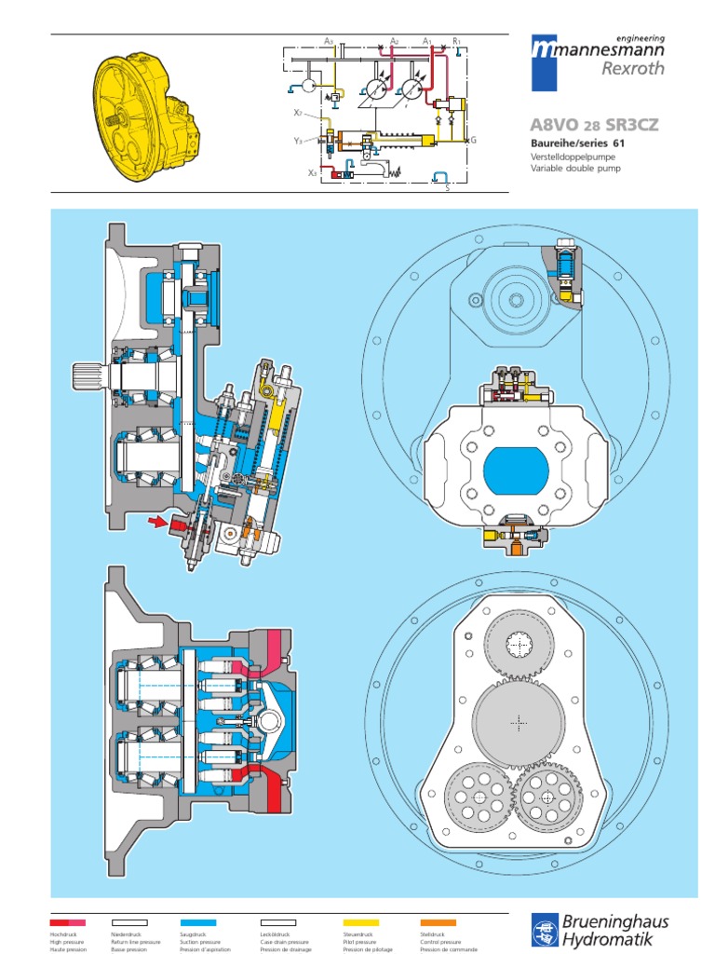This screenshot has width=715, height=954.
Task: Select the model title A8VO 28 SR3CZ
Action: pyautogui.click(x=592, y=125)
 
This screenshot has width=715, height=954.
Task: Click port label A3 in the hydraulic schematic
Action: pyautogui.click(x=329, y=41)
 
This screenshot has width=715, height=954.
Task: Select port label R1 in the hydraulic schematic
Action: pyautogui.click(x=456, y=41)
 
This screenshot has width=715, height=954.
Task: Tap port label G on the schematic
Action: pyautogui.click(x=473, y=139)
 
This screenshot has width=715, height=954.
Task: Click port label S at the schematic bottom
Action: pyautogui.click(x=447, y=187)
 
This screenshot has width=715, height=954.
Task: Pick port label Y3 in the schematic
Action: pyautogui.click(x=298, y=141)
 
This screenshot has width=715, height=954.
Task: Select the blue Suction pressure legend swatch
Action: pyautogui.click(x=196, y=922)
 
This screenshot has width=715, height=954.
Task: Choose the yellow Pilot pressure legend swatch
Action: pyautogui.click(x=360, y=922)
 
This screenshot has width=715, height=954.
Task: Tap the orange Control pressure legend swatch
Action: pyautogui.click(x=438, y=922)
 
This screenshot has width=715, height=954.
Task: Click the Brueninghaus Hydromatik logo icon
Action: pyautogui.click(x=544, y=930)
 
